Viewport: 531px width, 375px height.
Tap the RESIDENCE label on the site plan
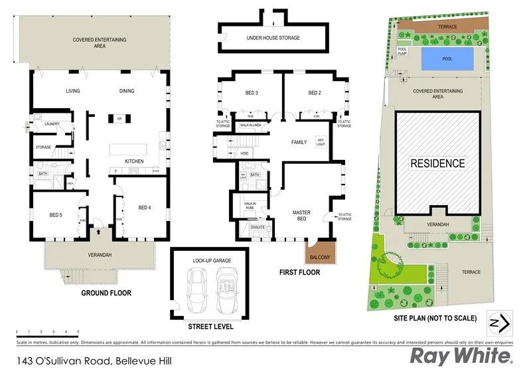tap(437, 163)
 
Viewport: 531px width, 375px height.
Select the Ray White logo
tap(461, 357)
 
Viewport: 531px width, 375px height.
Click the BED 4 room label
tap(145, 208)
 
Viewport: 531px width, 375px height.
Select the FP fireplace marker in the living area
tap(119, 119)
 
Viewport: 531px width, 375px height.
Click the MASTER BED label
tap(302, 216)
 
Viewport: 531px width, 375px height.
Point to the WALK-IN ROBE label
tap(250, 206)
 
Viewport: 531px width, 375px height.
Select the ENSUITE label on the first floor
tap(258, 228)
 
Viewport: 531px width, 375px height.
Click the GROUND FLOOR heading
tap(106, 293)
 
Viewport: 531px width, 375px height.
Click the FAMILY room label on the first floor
tap(299, 142)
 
